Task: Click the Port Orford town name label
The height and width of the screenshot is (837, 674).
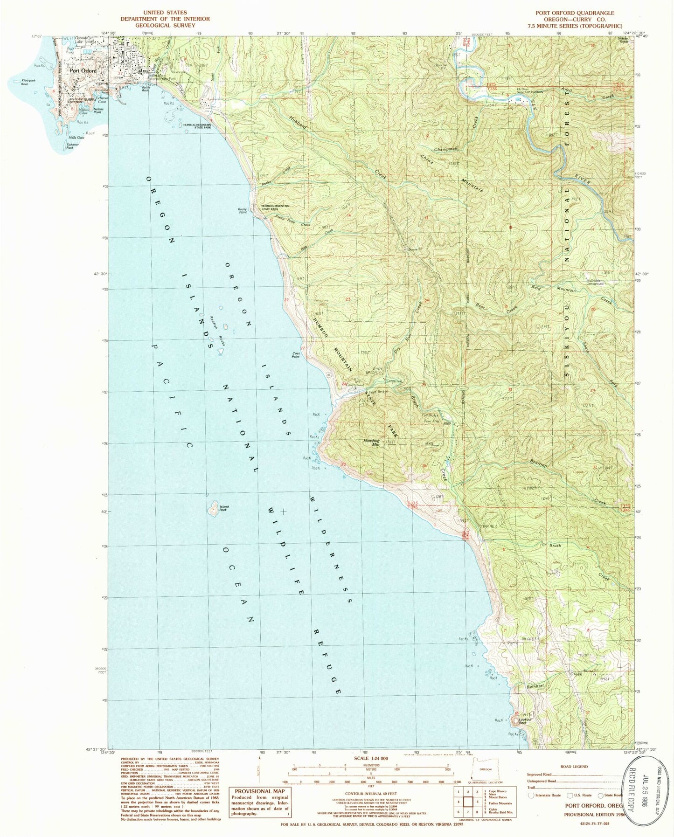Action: [83, 71]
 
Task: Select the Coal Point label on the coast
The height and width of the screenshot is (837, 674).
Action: [296, 355]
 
